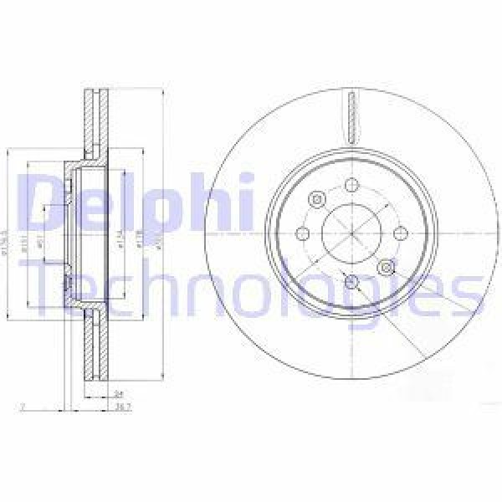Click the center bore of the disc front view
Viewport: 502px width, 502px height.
[x=351, y=233]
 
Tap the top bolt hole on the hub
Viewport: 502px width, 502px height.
[x=351, y=185]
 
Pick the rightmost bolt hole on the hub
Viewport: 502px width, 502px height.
[x=399, y=233]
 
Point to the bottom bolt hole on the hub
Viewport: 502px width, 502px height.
[x=351, y=280]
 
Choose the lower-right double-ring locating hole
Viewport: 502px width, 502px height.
[x=386, y=266]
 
